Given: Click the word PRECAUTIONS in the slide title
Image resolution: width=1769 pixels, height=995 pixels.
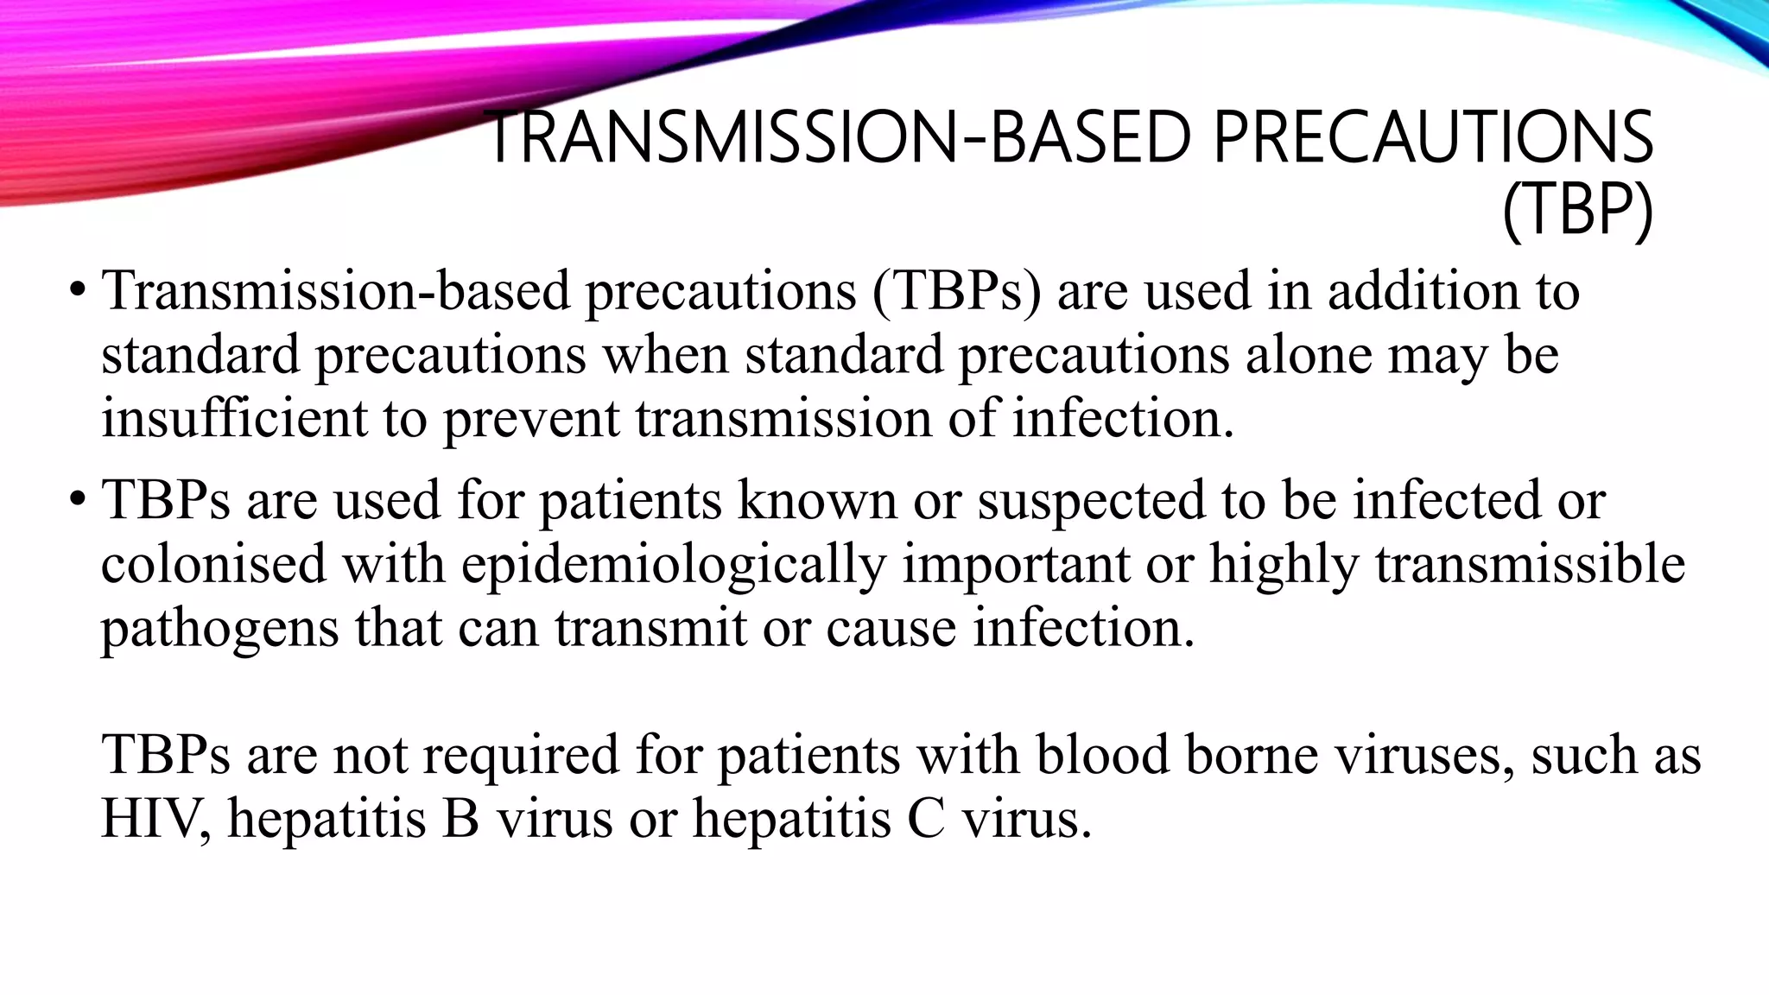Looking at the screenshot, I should [x=1433, y=138].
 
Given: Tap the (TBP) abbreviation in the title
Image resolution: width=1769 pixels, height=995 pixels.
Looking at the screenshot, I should [x=1577, y=210].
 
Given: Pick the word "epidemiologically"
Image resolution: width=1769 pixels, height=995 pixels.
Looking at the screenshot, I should [x=674, y=565].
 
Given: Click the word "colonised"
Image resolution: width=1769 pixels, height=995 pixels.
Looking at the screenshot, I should [x=213, y=565].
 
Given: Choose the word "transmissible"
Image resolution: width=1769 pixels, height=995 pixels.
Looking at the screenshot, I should [x=1530, y=565].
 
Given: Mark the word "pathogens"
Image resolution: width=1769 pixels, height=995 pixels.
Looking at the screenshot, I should [x=219, y=629].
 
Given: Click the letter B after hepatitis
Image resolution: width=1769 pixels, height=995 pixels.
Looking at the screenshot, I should [x=460, y=817].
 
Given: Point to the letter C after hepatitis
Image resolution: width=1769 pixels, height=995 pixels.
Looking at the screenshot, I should [x=926, y=817].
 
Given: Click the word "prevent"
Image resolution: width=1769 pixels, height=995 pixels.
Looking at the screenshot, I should [x=531, y=418].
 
